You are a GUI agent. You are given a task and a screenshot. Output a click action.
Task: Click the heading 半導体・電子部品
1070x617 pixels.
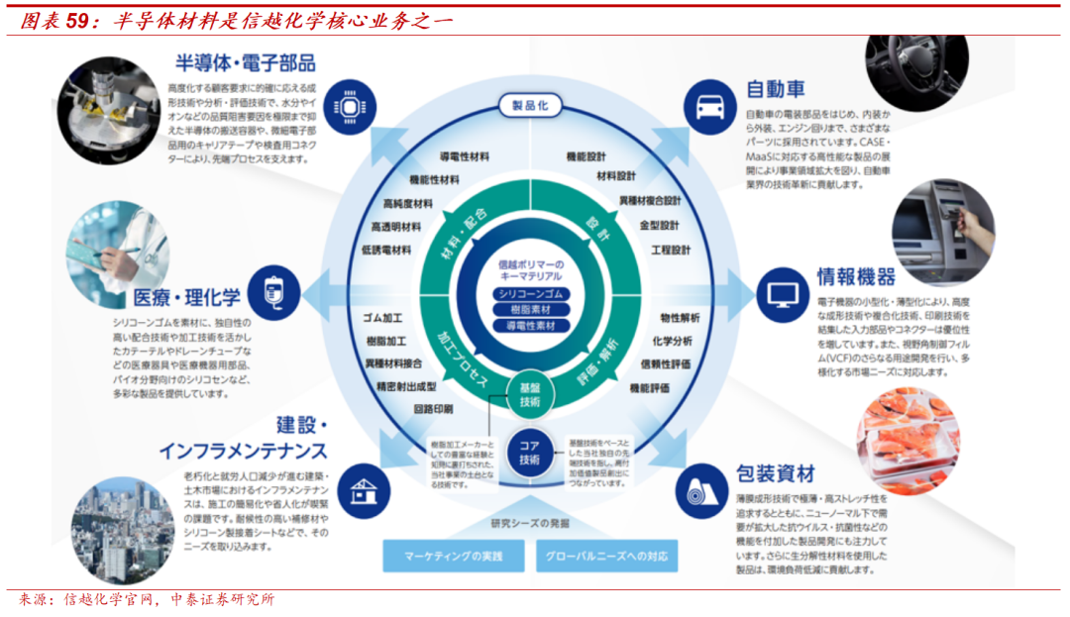point(245,63)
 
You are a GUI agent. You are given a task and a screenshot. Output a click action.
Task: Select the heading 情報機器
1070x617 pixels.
point(856,276)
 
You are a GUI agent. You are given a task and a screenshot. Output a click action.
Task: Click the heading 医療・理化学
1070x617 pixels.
point(187,297)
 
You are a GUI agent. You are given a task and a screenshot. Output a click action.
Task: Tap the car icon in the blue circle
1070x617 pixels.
point(710,105)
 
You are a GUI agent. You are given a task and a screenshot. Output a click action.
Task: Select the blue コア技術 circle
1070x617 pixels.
point(530,453)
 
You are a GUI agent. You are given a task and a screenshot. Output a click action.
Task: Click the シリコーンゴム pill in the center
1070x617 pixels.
point(530,294)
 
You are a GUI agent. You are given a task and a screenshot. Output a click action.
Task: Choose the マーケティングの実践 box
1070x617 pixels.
point(453,556)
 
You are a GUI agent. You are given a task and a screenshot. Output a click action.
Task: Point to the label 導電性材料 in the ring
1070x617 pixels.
point(464,156)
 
